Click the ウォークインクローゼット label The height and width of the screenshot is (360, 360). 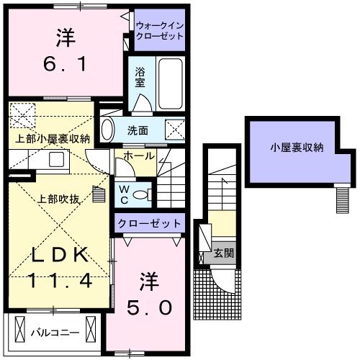(160, 31)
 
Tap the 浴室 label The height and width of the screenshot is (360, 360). (140, 78)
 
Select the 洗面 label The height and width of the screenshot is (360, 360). (138, 131)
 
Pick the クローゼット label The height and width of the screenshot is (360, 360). (149, 223)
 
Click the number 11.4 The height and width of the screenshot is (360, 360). (60, 280)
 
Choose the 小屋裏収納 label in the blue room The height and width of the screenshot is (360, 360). (297, 148)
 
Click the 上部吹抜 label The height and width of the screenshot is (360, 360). (59, 199)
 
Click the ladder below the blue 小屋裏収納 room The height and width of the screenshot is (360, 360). (343, 198)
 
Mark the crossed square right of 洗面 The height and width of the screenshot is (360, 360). (175, 130)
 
